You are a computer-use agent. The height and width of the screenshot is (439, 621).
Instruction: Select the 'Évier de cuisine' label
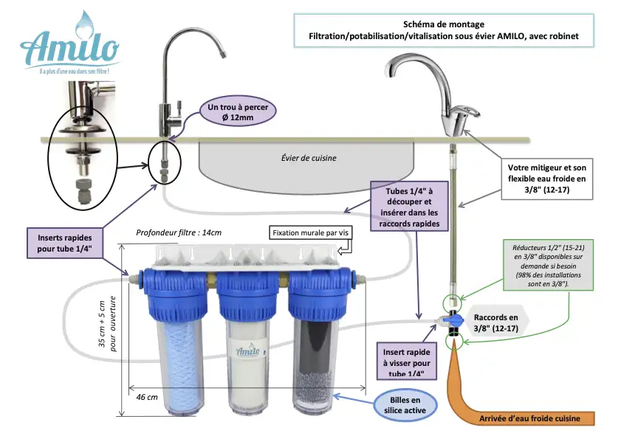tap(309, 158)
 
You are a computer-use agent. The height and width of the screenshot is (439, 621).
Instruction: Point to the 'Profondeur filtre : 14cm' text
tap(179, 232)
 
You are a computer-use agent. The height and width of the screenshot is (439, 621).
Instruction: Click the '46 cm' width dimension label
tap(147, 397)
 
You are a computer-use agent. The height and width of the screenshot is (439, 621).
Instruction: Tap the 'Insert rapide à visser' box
tap(405, 362)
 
